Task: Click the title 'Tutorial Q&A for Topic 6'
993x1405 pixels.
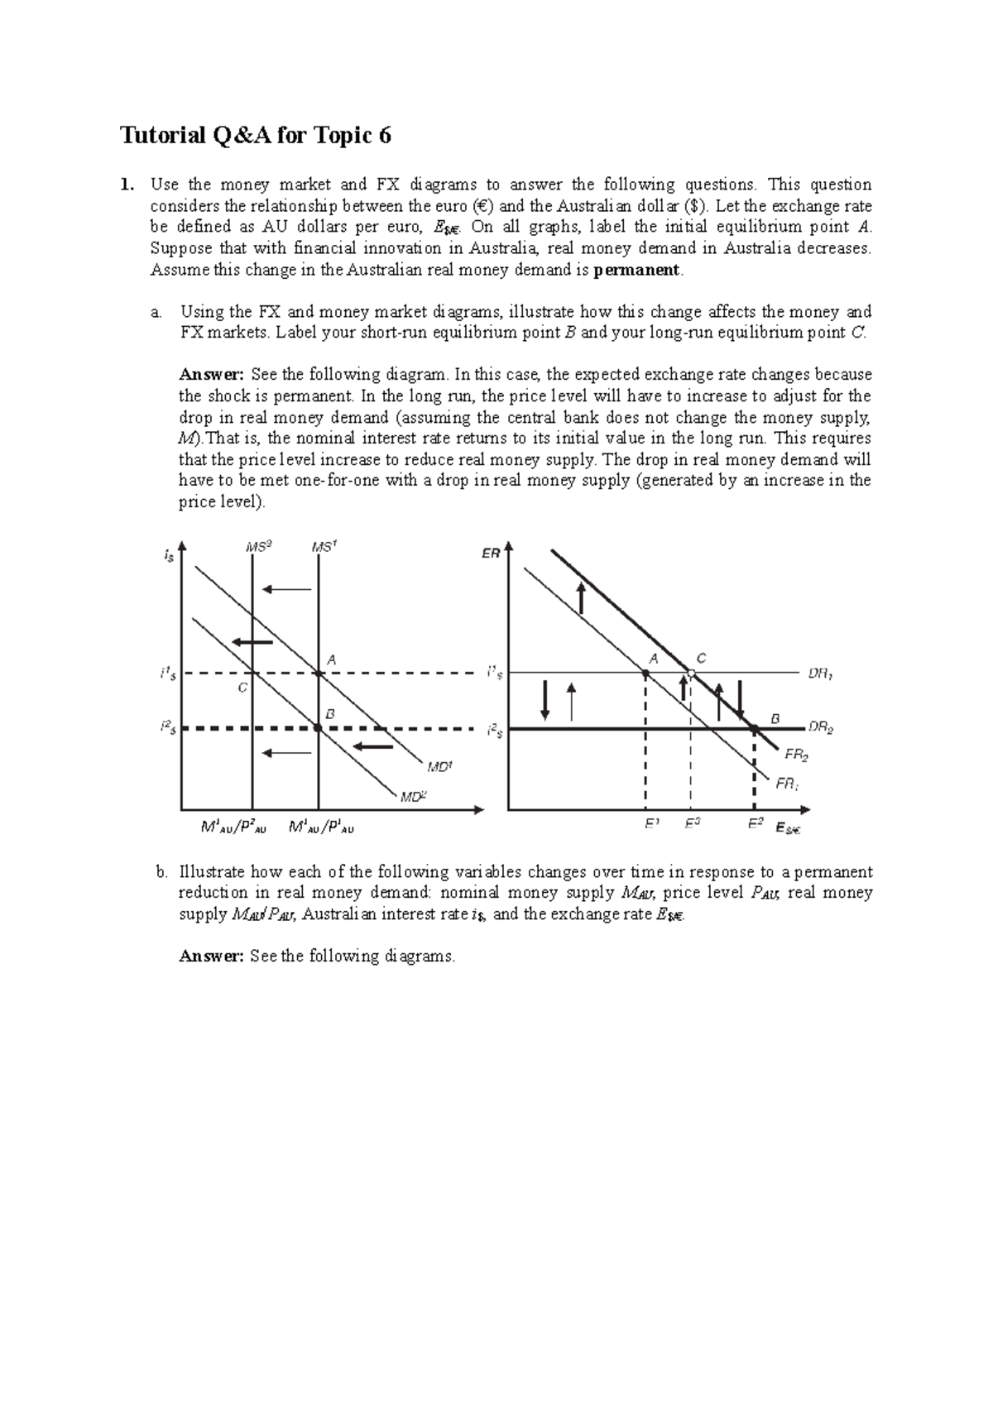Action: coord(256,136)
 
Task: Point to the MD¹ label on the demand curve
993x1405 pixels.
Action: coord(439,767)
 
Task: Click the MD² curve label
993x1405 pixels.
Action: coord(413,798)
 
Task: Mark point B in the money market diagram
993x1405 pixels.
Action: coord(319,728)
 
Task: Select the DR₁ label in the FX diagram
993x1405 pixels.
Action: coord(820,674)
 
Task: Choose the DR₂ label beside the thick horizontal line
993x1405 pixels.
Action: coord(820,728)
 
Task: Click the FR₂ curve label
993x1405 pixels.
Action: coord(796,755)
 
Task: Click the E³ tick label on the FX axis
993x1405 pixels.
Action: coord(693,824)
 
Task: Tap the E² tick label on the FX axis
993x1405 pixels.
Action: coord(755,824)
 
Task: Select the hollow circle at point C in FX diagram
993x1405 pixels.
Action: coord(691,674)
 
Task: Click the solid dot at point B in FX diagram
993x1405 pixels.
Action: coord(755,728)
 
